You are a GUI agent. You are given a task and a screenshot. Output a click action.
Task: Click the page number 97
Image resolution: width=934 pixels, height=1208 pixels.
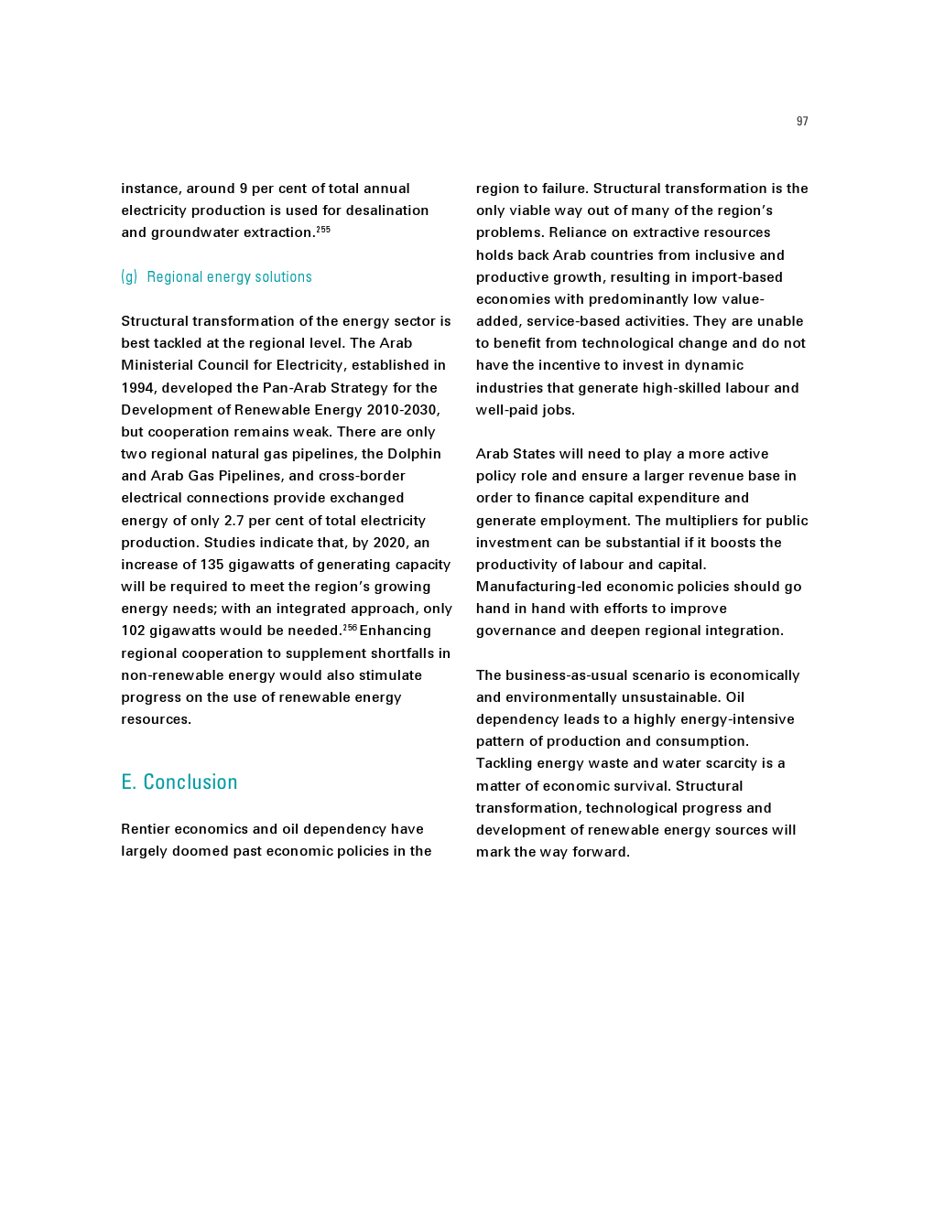pos(802,122)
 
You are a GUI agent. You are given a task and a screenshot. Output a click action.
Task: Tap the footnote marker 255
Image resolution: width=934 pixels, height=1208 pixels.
pos(323,229)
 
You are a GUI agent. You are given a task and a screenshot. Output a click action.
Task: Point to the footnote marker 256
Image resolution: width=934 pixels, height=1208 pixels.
pos(350,627)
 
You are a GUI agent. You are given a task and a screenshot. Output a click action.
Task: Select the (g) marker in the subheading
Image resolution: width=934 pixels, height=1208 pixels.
pos(129,277)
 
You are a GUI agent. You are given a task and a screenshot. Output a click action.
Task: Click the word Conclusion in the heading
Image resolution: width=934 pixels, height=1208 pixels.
pos(190,782)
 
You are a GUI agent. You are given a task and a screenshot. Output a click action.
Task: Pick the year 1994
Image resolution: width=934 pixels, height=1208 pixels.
pos(138,388)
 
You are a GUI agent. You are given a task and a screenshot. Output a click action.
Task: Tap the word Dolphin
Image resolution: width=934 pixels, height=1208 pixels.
pos(415,454)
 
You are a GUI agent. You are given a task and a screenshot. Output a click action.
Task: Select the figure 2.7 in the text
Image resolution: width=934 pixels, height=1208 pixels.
pos(234,521)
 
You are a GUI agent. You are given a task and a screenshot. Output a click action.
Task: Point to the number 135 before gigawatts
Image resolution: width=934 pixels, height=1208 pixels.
pos(212,565)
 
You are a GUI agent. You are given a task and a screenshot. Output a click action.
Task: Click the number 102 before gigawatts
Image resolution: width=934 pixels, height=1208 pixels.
pos(133,631)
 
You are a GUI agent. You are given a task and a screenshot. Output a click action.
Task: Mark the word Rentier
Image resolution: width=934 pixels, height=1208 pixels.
pos(146,829)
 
